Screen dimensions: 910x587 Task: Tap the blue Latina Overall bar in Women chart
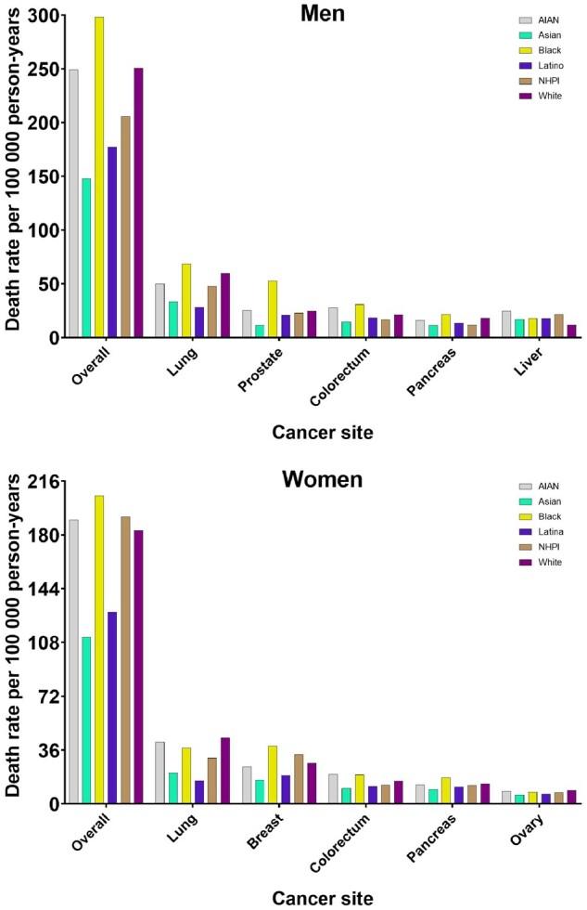(112, 707)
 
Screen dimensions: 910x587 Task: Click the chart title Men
(322, 14)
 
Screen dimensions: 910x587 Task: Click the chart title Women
(322, 480)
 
